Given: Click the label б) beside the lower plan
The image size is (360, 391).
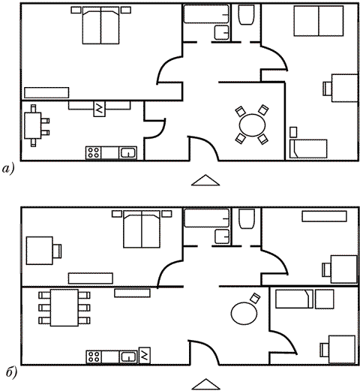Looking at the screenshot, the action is click(x=11, y=373).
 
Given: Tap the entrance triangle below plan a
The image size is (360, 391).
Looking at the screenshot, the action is click(x=205, y=180).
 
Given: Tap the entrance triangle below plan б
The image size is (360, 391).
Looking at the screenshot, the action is click(x=205, y=384).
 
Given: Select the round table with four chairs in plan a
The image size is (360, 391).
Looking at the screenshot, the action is click(x=252, y=125).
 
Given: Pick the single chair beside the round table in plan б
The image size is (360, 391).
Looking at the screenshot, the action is click(x=256, y=298).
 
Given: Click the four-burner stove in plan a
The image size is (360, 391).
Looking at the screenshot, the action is click(x=93, y=153).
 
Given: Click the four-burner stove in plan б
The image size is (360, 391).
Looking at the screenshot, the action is click(x=94, y=356).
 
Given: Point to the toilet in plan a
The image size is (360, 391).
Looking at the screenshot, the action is click(x=246, y=15).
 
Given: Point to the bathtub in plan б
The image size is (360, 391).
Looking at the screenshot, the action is click(x=206, y=218).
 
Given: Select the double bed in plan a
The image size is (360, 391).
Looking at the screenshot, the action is click(x=100, y=26).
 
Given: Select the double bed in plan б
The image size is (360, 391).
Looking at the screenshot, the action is click(x=142, y=229).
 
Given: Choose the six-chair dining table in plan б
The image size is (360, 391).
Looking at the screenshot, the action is click(x=64, y=308).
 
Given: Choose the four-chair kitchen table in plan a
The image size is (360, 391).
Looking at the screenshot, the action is click(x=36, y=125).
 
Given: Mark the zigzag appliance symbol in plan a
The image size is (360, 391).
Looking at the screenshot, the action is click(x=100, y=109).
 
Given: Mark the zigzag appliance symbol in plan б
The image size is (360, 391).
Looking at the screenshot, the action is click(x=145, y=355).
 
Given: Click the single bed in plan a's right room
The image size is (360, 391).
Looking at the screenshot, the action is click(x=308, y=149).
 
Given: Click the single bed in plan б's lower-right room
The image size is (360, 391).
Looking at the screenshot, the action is click(x=295, y=299).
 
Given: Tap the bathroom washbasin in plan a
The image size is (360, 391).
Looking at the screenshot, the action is click(x=222, y=32).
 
